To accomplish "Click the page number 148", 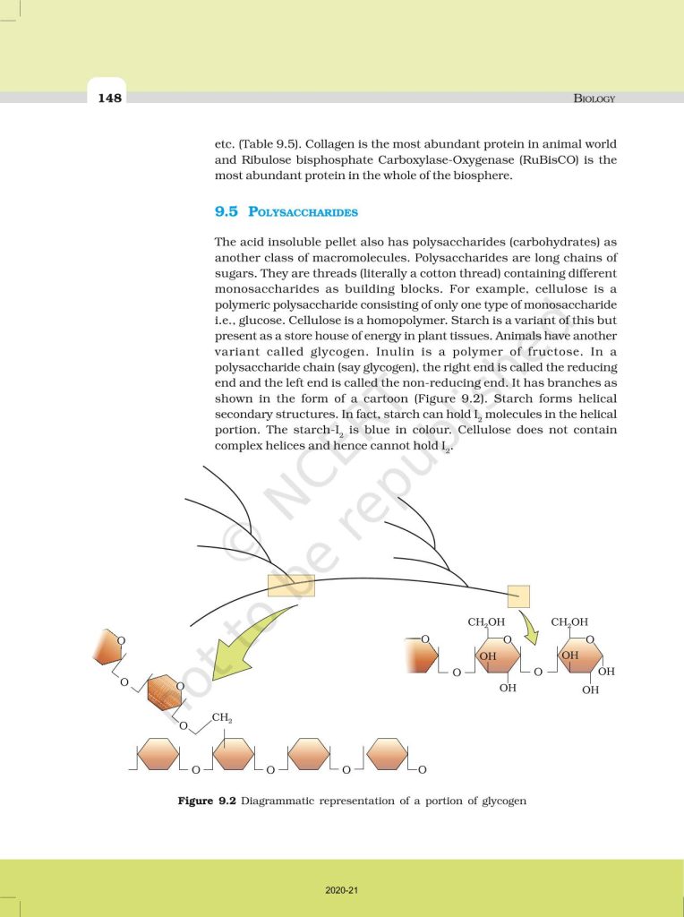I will (x=110, y=97).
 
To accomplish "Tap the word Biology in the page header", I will (x=594, y=98).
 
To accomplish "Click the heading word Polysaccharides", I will (x=303, y=213).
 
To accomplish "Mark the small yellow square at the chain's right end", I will (x=518, y=596).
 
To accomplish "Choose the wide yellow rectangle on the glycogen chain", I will (x=291, y=586).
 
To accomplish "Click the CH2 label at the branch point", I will (x=222, y=718).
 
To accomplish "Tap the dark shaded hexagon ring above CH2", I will (x=164, y=692).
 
